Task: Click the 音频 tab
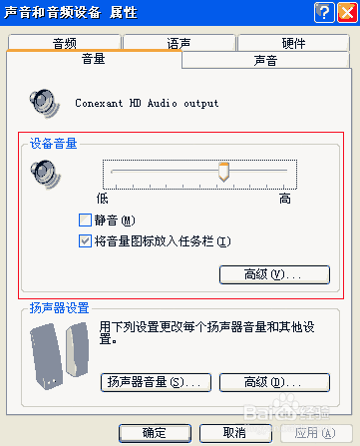coord(65,43)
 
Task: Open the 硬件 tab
coord(294,43)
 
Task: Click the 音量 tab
coord(93,60)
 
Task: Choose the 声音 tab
coord(266,61)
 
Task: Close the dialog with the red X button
coord(344,12)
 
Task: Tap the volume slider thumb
coord(224,173)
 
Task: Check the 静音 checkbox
coord(86,221)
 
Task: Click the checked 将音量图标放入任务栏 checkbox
coord(86,240)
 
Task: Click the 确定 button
coord(155,432)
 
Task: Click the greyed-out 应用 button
coord(308,432)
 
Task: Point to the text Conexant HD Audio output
coord(147,103)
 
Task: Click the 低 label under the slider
coord(102,199)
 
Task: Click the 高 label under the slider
coord(285,199)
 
